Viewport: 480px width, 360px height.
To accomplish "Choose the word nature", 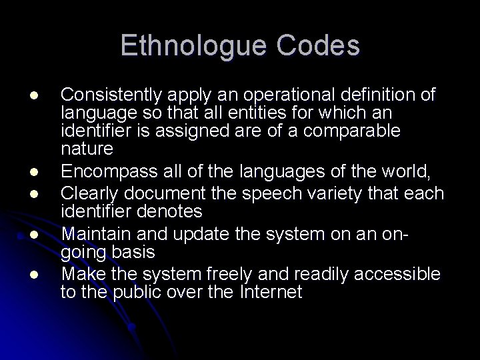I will tap(87, 147).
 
